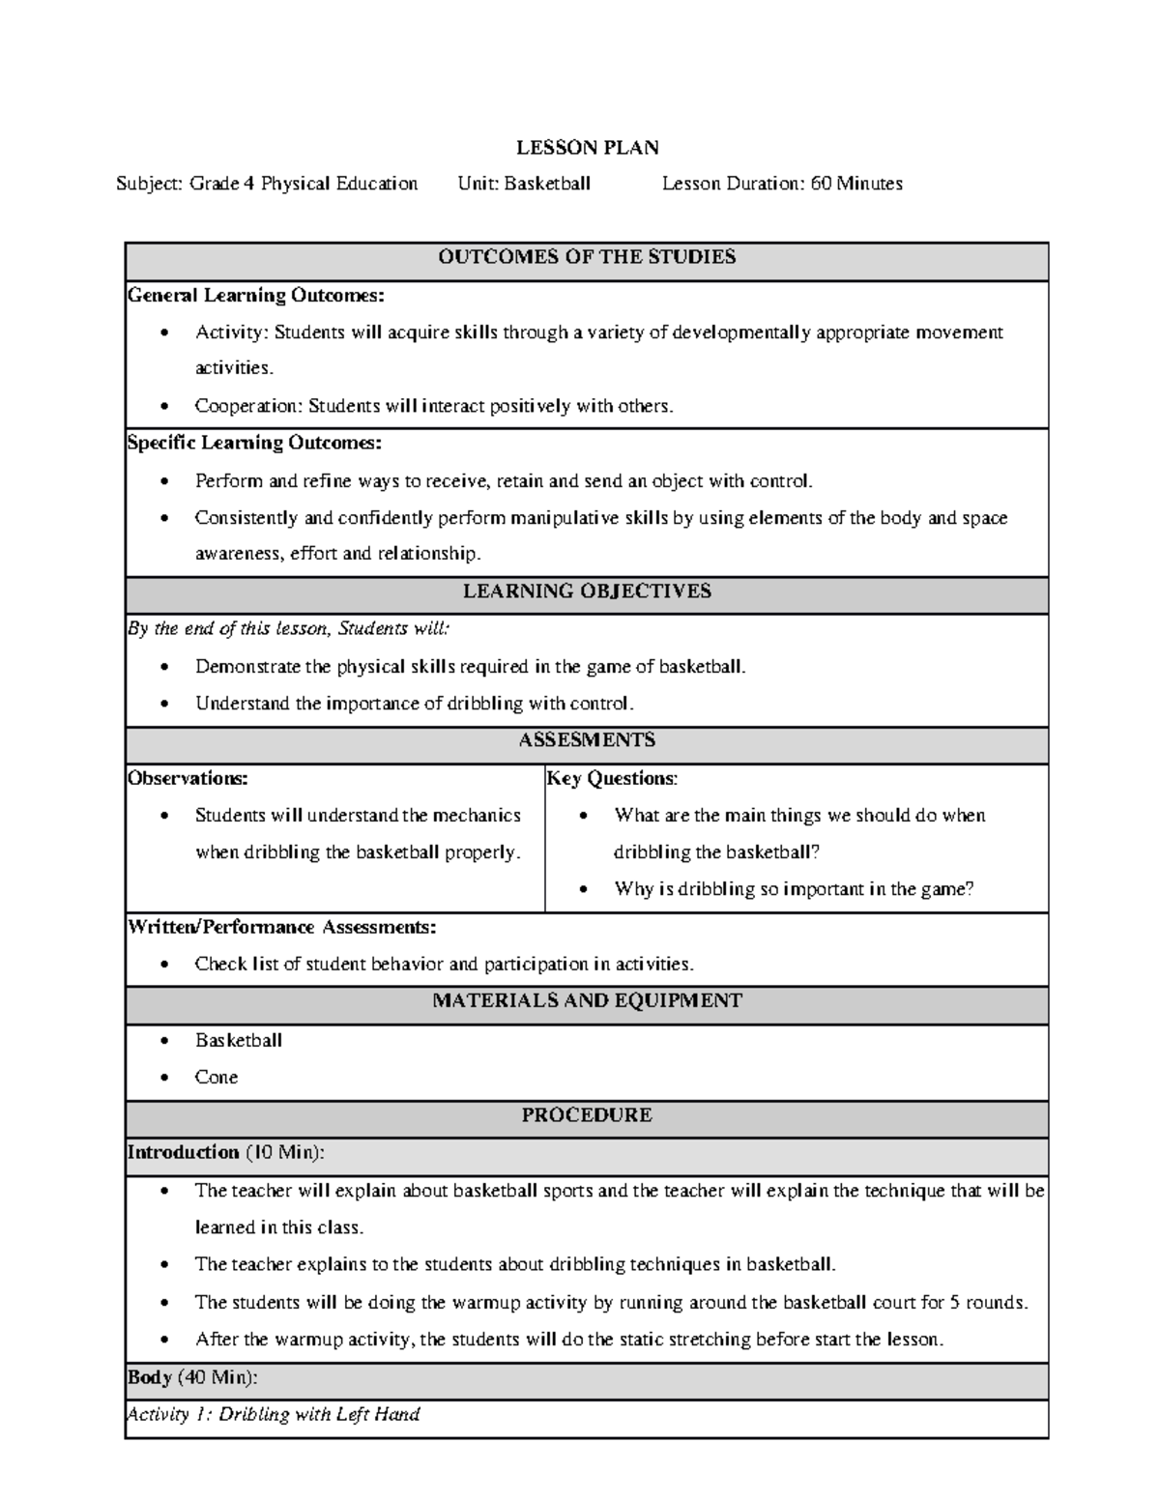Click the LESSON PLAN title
point(587,148)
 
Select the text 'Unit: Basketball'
point(524,184)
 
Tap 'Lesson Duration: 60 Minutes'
point(782,184)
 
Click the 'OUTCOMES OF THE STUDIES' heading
point(587,257)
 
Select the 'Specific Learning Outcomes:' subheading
point(255,444)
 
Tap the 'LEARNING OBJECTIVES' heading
point(587,592)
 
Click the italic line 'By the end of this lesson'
point(288,629)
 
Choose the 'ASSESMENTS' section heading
point(587,740)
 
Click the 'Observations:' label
point(188,779)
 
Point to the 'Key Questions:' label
point(612,779)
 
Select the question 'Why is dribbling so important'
point(793,889)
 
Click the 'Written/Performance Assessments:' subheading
point(282,928)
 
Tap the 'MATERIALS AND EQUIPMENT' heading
point(587,1001)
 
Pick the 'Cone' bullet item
point(217,1078)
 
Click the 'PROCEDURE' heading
point(587,1115)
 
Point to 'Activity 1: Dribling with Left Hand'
point(274,1415)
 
